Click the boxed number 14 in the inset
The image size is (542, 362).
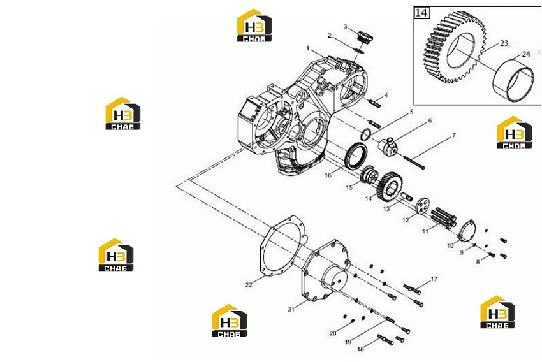coord(421,13)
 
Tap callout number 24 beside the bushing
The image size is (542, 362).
coord(526,54)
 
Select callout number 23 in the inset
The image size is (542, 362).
coord(504,43)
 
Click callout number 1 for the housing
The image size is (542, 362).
coord(307,48)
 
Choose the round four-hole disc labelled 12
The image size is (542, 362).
coord(421,205)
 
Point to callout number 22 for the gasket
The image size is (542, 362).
coord(249,285)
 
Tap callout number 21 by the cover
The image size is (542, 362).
coord(291,309)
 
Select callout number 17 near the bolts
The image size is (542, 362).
coord(434,279)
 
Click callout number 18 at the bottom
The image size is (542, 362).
coord(360,349)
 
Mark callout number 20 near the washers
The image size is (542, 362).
coord(333,333)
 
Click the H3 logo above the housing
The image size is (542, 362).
coord(254,25)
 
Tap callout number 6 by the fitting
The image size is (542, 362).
coord(430,120)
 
